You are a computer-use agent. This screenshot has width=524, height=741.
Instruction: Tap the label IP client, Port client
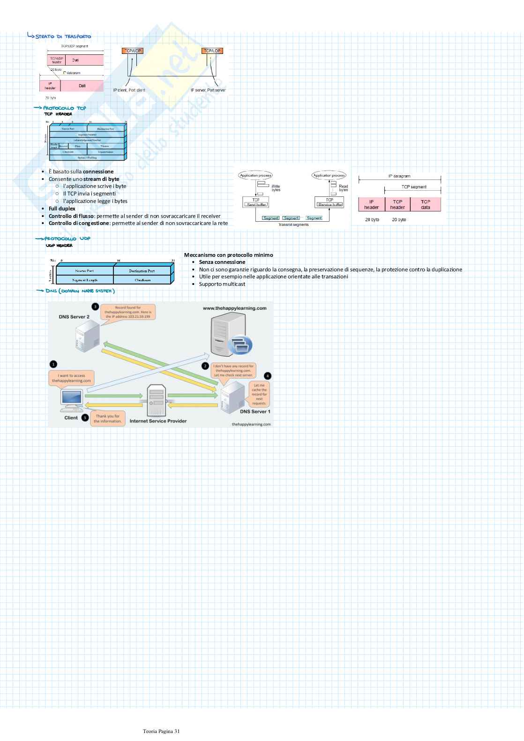coord(129,90)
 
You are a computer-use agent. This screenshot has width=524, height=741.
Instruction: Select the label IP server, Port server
coord(208,90)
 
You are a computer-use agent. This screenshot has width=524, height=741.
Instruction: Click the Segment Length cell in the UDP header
coord(85,280)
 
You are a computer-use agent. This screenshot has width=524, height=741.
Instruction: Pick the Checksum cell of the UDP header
coord(142,280)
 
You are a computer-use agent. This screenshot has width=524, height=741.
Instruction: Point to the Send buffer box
coord(256,204)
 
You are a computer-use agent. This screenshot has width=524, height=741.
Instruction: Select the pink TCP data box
coord(426,204)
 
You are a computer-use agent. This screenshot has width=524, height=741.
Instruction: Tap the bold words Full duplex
coord(62,209)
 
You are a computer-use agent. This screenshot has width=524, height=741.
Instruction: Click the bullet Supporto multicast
coord(222,284)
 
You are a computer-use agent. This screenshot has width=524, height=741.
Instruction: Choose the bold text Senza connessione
coord(222,262)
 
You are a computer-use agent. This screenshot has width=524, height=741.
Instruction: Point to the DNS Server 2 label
coord(74,317)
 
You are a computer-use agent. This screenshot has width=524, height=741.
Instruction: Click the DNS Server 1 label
coord(255,412)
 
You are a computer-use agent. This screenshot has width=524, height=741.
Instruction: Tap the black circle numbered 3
coord(95,307)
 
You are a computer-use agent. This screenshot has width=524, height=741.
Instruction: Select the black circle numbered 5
coord(85,418)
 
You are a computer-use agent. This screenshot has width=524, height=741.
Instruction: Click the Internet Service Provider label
coord(158,421)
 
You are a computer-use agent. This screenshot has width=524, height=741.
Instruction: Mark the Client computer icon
coord(71,401)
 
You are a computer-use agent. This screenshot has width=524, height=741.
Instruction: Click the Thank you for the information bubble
coord(108,419)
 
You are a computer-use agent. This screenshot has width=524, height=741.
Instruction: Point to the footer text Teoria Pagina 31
coord(161,731)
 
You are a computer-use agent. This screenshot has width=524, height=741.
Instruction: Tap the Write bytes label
coord(276,188)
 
